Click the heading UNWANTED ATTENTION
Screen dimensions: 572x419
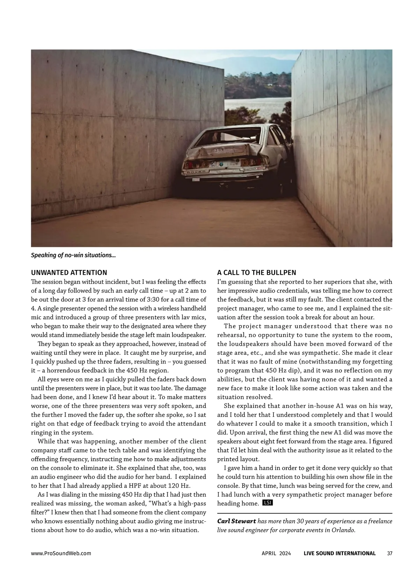point(69,272)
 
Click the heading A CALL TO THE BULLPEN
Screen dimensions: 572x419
point(256,272)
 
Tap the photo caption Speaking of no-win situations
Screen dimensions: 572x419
point(73,255)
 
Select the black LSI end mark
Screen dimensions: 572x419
point(267,503)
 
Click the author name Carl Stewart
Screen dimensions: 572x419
point(236,521)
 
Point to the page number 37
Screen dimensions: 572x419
point(390,553)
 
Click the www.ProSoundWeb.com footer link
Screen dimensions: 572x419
point(61,553)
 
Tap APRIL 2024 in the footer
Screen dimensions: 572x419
point(276,553)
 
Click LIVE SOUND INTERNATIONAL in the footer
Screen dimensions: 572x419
point(339,553)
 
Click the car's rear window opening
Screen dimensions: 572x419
point(229,137)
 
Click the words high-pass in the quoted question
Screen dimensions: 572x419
point(189,503)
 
